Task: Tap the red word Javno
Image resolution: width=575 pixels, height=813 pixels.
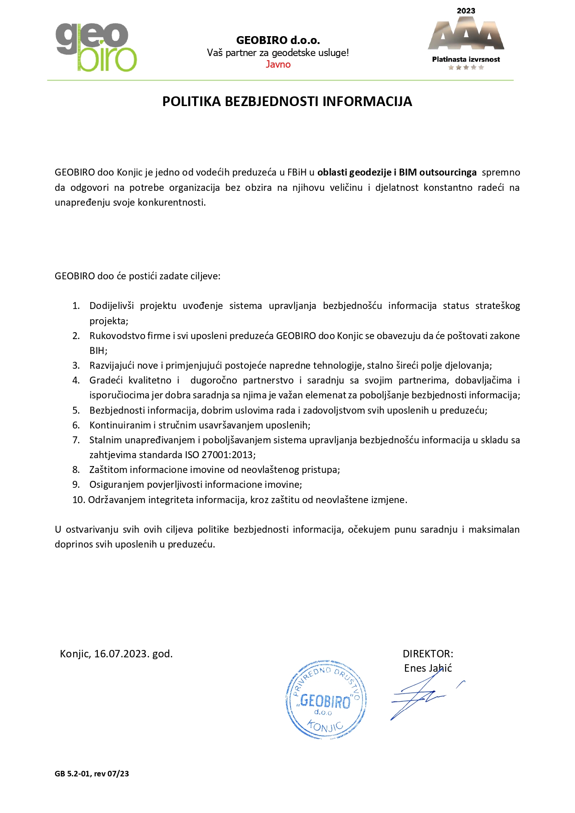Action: click(x=278, y=64)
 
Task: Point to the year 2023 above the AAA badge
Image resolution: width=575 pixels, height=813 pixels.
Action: click(x=466, y=11)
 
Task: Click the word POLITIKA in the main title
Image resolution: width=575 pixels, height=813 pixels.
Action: click(x=191, y=101)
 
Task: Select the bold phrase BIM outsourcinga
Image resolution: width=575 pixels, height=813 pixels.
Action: click(x=437, y=172)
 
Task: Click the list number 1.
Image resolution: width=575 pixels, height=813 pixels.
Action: click(x=76, y=306)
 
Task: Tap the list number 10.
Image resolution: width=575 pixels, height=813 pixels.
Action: click(x=78, y=499)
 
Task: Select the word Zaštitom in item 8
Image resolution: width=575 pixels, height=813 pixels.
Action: click(x=108, y=470)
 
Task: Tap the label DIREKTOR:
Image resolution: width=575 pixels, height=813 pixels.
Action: click(x=428, y=654)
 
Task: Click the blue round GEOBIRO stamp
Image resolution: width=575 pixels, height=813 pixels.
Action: click(x=326, y=700)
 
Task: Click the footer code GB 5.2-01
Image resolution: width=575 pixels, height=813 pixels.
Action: click(x=73, y=774)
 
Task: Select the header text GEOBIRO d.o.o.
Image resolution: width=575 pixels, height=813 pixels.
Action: click(x=278, y=40)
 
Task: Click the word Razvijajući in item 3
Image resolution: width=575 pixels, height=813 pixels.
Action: click(x=112, y=366)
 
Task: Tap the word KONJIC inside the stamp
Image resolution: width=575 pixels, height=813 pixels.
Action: click(x=325, y=726)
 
